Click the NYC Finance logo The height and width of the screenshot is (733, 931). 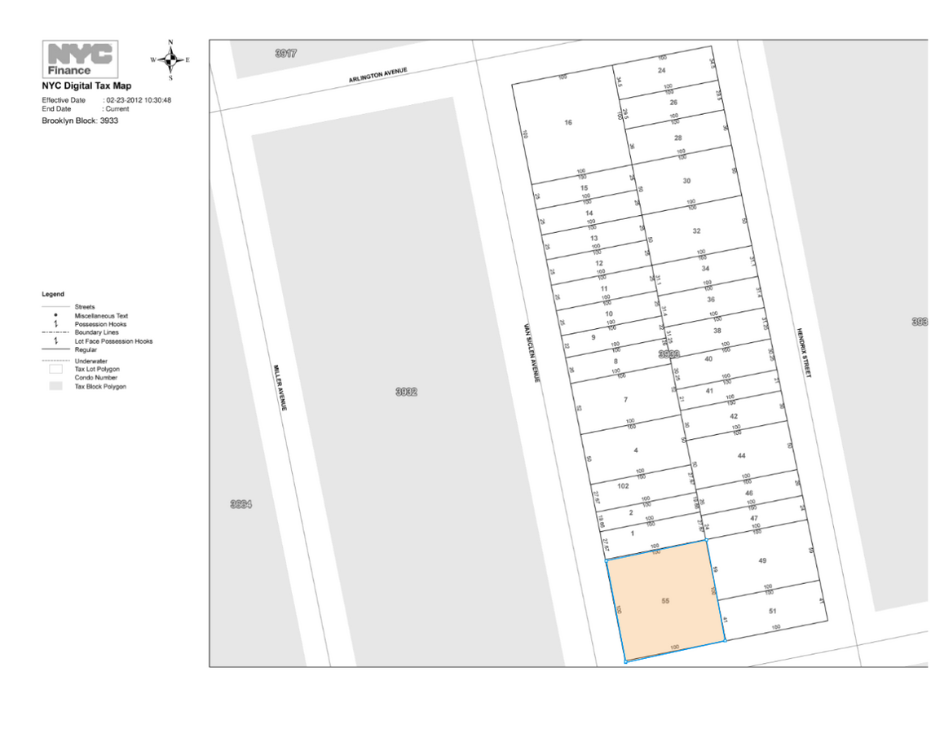coord(80,59)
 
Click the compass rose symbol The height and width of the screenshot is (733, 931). coord(170,59)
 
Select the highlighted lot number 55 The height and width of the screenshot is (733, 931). coord(665,600)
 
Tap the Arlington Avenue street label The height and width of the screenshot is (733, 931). coord(377,76)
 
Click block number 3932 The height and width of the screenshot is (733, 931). coord(406,392)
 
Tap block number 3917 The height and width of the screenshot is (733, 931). coord(286,53)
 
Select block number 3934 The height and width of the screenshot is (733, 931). coord(240,504)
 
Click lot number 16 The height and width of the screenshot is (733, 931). coord(568,123)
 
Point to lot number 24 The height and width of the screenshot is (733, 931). coord(662,71)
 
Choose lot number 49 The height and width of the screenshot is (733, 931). coord(762,560)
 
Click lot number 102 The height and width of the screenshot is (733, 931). coord(623,486)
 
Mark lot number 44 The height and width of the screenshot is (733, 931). coord(741,455)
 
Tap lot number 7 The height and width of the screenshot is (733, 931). coord(625,400)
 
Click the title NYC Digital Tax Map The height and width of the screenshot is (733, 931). coord(86,86)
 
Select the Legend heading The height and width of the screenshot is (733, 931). coord(53,294)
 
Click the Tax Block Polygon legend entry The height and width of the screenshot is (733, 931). coord(100,387)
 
